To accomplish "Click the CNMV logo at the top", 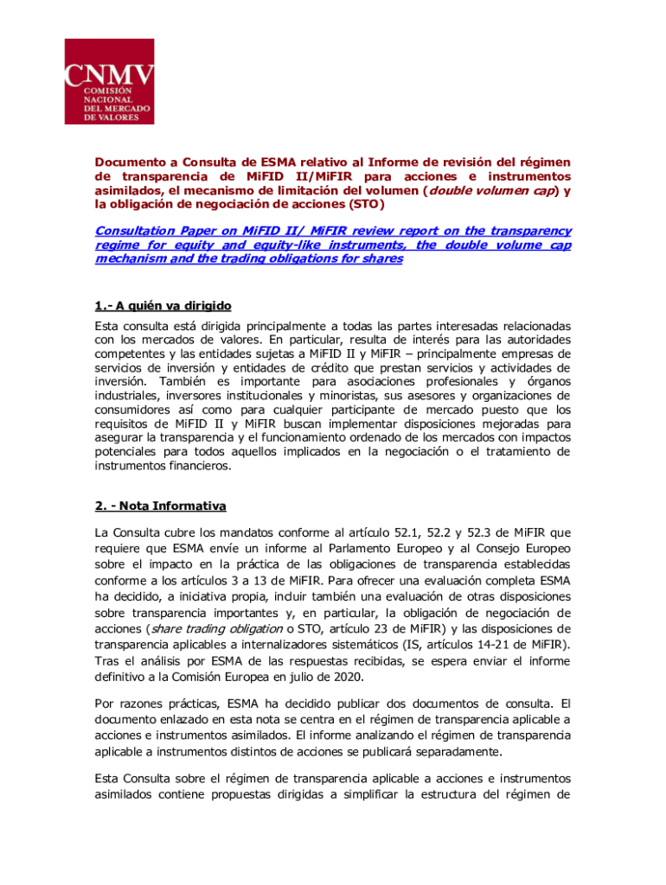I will pos(110,81).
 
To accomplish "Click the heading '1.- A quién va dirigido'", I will pos(163,306).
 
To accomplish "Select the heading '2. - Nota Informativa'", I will pos(160,506).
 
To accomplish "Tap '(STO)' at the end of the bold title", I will pos(362,205).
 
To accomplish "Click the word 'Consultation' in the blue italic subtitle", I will pos(131,231).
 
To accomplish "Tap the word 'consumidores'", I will pos(134,410).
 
